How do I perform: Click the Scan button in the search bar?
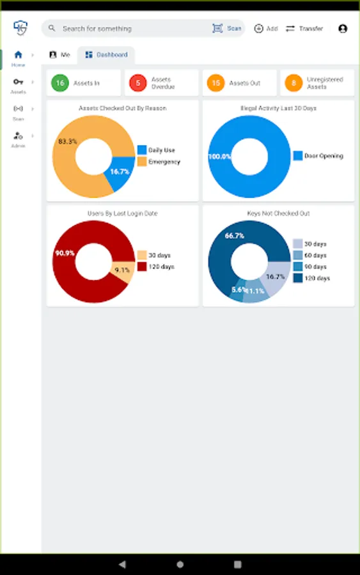point(227,29)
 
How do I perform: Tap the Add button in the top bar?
point(265,29)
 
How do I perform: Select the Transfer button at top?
point(304,29)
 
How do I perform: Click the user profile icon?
point(343,29)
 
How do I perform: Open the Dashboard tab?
point(106,55)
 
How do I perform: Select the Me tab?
point(59,55)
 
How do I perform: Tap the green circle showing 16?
point(61,83)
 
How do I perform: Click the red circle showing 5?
point(137,83)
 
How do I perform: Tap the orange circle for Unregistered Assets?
point(294,83)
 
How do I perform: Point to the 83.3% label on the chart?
point(68,141)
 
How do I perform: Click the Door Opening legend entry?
point(318,156)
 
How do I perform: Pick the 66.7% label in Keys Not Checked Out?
point(235,236)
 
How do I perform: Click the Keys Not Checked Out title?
point(278,213)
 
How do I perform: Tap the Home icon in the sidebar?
point(18,55)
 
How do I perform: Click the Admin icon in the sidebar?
point(18,136)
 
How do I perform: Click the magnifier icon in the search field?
point(52,29)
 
